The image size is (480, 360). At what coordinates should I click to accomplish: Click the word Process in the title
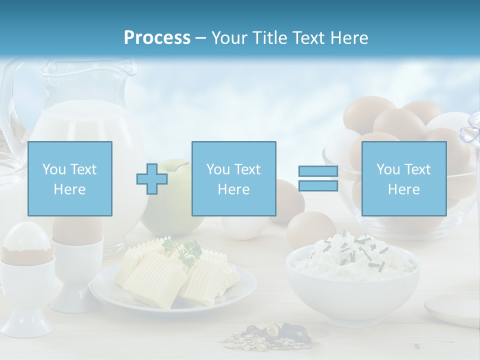point(157,38)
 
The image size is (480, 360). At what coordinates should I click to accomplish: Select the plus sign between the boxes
point(152,179)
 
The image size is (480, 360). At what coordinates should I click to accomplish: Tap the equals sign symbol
point(318,179)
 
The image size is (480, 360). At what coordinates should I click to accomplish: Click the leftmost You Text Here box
point(70,179)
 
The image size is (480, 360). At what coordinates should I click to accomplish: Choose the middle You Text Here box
point(234,179)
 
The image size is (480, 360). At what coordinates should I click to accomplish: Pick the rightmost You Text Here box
point(404,179)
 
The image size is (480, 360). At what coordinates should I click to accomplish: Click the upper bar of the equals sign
point(318,171)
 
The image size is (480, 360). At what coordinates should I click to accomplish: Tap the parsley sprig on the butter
point(182,250)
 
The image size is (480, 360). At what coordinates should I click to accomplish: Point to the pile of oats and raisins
point(270,335)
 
